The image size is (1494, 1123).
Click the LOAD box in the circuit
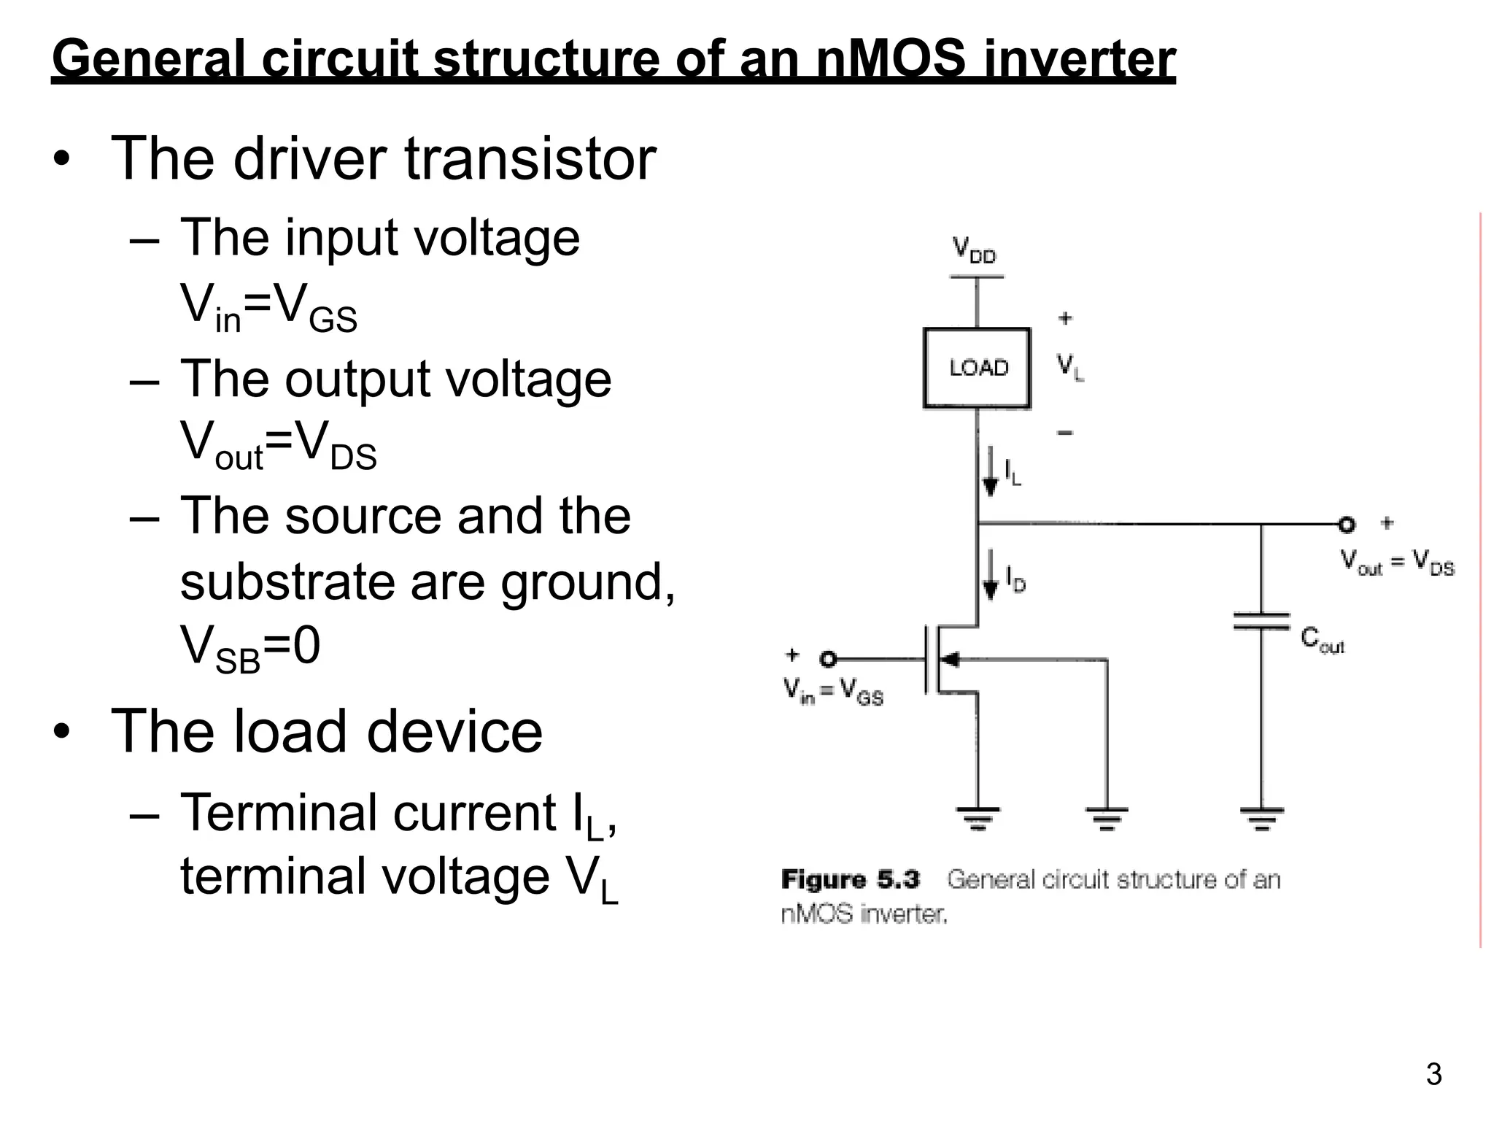977,368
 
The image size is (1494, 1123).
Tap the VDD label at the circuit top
974,250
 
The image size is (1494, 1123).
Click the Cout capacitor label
1322,640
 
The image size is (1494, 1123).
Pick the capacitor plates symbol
1261,622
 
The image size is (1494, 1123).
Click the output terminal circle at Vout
1346,524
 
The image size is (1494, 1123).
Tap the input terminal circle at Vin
827,659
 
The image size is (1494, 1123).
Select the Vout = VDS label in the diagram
1397,563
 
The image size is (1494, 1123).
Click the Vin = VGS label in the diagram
833,691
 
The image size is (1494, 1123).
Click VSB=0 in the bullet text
250,647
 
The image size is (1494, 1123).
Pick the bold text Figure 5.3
850,879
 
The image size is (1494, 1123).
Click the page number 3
1433,1075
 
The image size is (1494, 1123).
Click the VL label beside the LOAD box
1070,366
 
